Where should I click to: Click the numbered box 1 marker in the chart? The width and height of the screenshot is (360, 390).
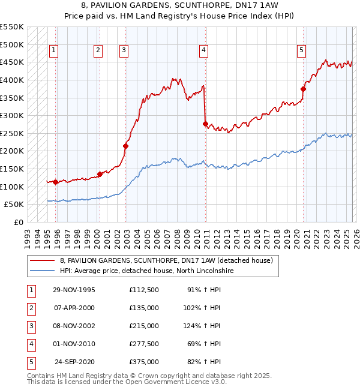[54, 51]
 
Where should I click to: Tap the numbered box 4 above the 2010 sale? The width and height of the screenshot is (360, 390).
[204, 51]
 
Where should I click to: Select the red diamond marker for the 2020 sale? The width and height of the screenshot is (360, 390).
[303, 89]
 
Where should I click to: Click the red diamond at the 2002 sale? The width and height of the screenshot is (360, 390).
[126, 146]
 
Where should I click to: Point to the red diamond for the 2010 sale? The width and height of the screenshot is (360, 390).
[206, 124]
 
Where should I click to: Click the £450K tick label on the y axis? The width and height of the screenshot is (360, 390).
[12, 62]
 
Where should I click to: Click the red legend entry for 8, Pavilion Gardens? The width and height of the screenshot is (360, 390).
[166, 260]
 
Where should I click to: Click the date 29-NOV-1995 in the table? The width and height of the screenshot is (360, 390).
[74, 290]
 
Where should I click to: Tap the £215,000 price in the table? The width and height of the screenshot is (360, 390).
[143, 326]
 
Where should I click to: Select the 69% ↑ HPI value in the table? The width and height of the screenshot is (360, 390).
[204, 344]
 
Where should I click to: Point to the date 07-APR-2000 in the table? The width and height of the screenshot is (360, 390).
[74, 308]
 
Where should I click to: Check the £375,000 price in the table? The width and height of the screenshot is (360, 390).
[143, 362]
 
